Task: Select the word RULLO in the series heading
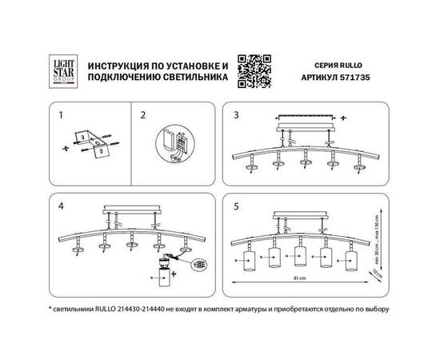coord(358,62)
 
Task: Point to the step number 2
coord(143,114)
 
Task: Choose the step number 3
coord(236,114)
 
